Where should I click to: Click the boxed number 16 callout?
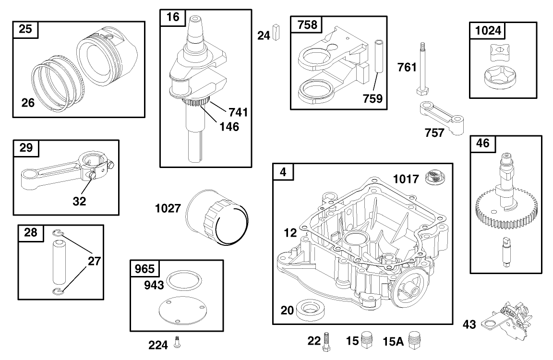point(173,17)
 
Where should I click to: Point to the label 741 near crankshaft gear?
point(238,112)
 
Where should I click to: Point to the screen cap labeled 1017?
point(436,178)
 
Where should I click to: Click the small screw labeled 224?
point(177,343)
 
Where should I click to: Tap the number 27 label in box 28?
point(94,261)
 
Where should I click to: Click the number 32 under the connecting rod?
point(79,201)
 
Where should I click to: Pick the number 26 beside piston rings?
point(28,102)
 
